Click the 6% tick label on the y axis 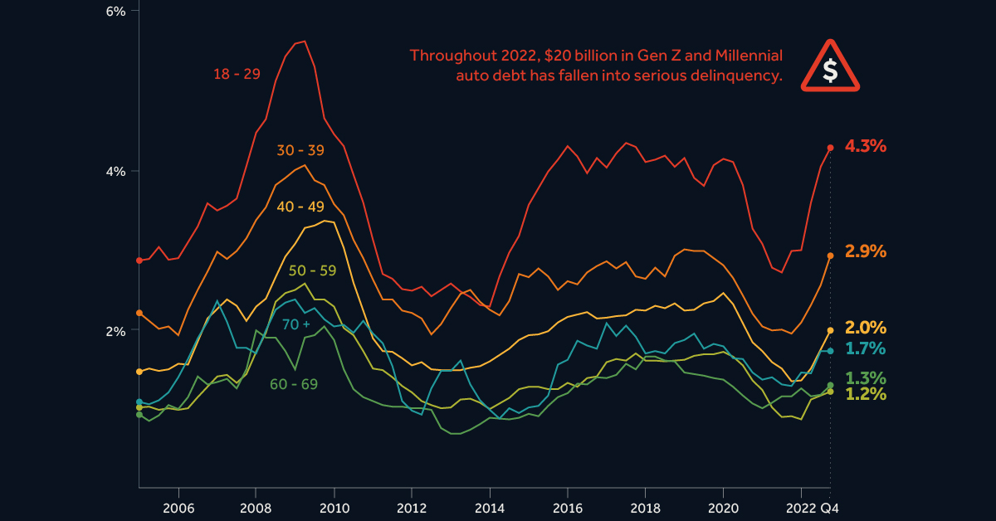(x=115, y=12)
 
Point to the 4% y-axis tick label (x=115, y=171)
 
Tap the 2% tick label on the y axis (x=115, y=330)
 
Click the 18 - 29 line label (x=237, y=74)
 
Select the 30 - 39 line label (x=300, y=151)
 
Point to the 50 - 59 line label (x=312, y=270)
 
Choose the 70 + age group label (x=295, y=324)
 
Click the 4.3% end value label (x=866, y=147)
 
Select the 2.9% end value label (x=866, y=251)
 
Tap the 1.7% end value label (x=866, y=348)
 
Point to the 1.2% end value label (x=866, y=394)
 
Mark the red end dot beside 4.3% (x=830, y=148)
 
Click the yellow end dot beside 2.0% (x=830, y=330)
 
